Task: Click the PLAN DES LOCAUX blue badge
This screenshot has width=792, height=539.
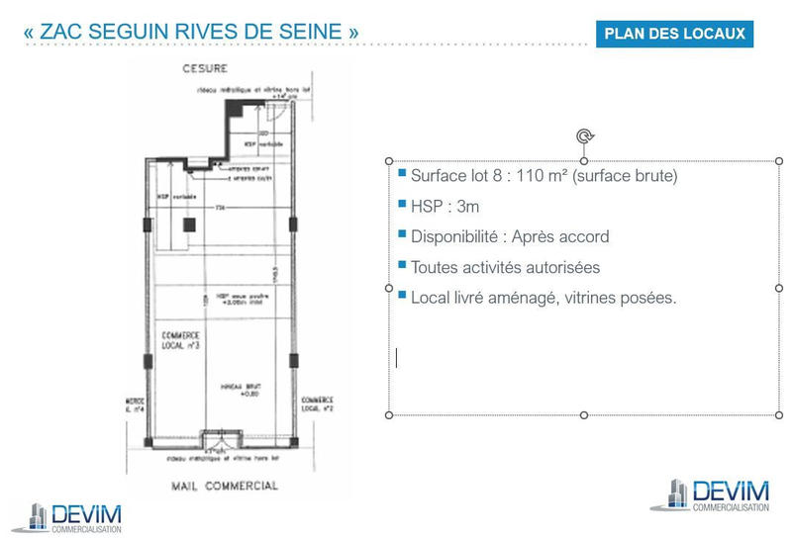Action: (x=674, y=33)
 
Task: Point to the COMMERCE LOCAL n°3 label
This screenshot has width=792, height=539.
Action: (x=180, y=340)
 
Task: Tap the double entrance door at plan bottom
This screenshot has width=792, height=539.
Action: (x=221, y=440)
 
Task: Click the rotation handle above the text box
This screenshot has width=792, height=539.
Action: (x=584, y=136)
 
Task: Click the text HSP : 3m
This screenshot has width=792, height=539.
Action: (x=445, y=207)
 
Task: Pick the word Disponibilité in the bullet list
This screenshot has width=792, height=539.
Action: (x=453, y=237)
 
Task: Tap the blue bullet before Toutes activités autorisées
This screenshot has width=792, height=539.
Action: (x=402, y=265)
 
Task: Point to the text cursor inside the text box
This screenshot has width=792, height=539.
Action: (x=397, y=357)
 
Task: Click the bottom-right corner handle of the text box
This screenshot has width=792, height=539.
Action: (x=779, y=414)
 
